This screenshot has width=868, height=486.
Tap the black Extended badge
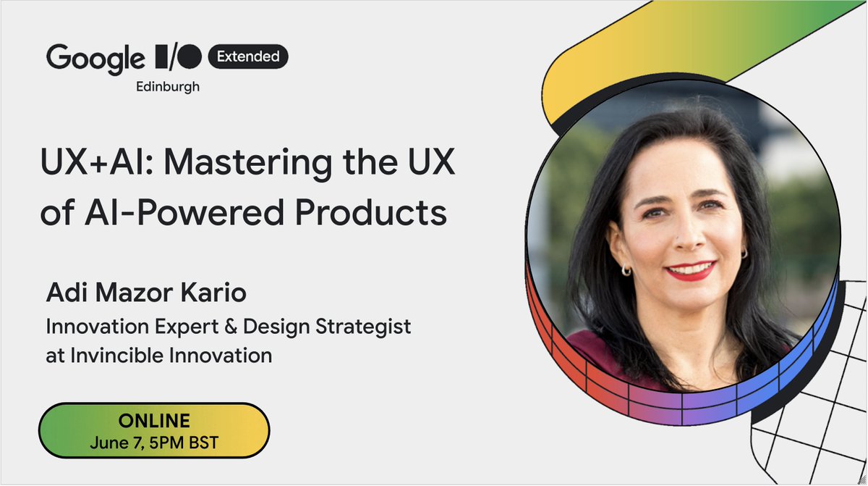pyautogui.click(x=248, y=56)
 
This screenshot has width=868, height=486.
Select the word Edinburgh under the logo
pyautogui.click(x=168, y=86)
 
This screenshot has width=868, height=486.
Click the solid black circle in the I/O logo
pyautogui.click(x=190, y=56)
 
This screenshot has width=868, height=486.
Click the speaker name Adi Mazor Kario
pyautogui.click(x=145, y=295)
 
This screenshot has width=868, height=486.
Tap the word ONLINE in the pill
pyautogui.click(x=153, y=421)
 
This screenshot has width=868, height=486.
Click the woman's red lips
pyautogui.click(x=690, y=270)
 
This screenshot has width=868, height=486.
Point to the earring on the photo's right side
pyautogui.click(x=744, y=253)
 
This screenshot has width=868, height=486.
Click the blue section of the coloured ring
pyautogui.click(x=810, y=340)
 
